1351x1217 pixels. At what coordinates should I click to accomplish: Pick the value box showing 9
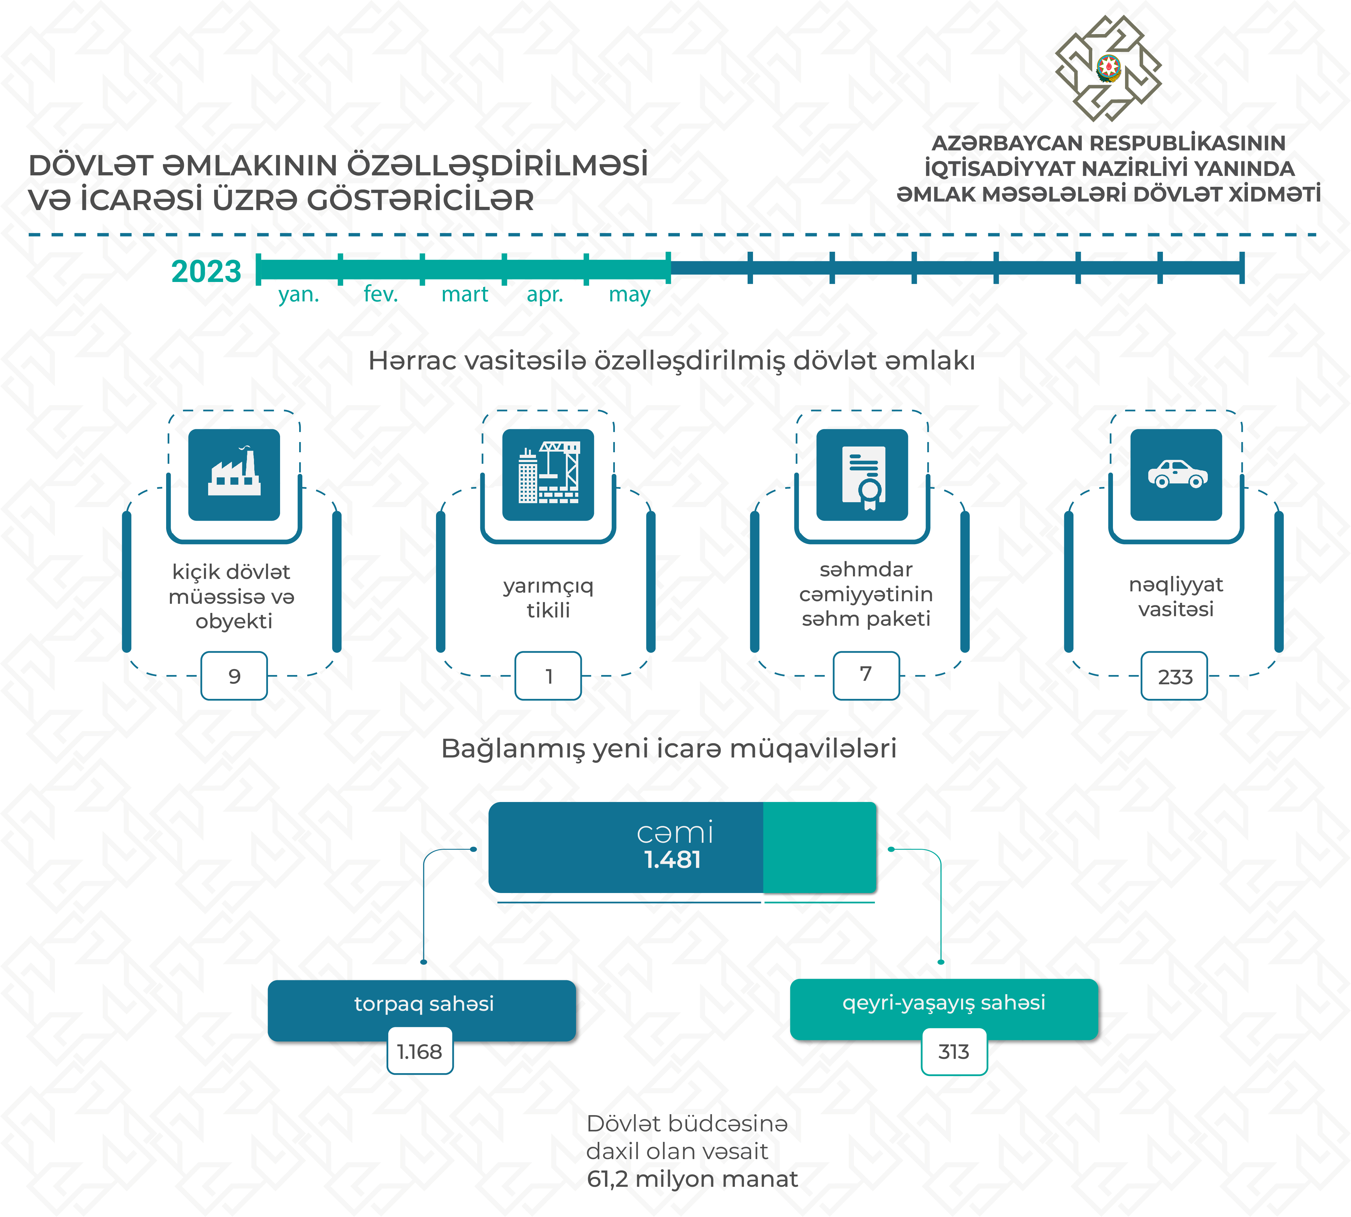click(234, 676)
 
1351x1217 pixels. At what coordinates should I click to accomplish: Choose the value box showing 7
click(866, 675)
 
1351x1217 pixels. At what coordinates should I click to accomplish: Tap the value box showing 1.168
click(420, 1051)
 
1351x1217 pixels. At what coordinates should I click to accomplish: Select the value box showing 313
click(954, 1051)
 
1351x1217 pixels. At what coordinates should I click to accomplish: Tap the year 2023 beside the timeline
click(206, 271)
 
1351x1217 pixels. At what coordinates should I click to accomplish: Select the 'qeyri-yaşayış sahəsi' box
click(944, 1003)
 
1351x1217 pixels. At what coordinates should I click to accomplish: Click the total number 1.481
click(673, 859)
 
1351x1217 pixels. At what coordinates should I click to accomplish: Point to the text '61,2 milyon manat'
click(692, 1179)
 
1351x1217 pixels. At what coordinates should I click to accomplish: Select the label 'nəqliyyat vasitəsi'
click(1176, 596)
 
